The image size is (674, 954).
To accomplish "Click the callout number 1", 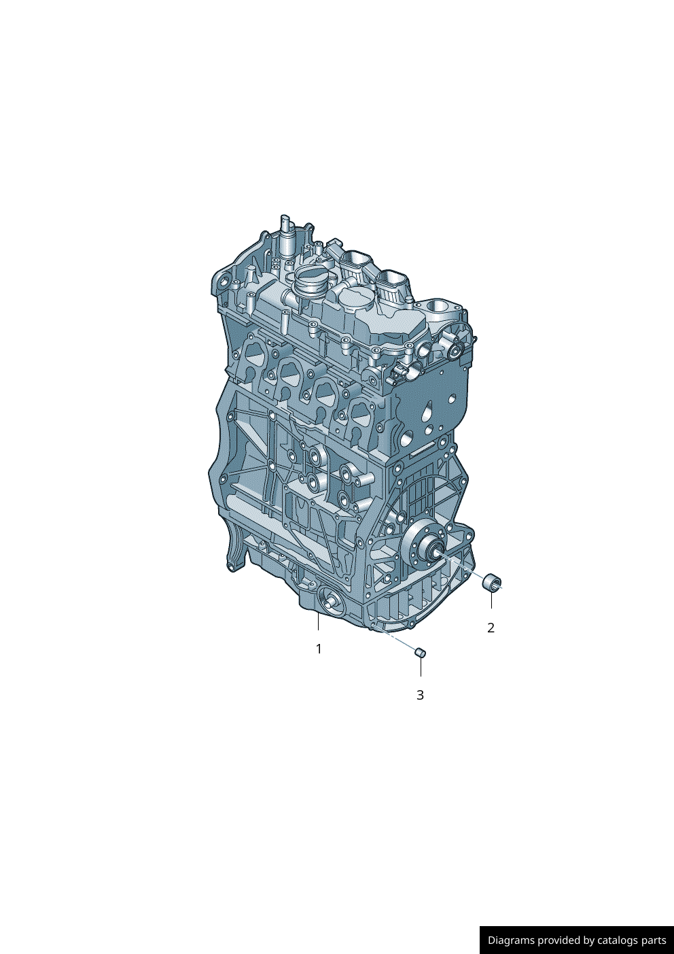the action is pyautogui.click(x=318, y=649).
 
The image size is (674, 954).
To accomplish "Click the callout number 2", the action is pyautogui.click(x=491, y=628).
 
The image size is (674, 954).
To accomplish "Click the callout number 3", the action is pyautogui.click(x=420, y=695).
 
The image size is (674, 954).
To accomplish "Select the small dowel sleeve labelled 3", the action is pyautogui.click(x=421, y=653).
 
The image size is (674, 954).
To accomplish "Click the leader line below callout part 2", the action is pyautogui.click(x=491, y=600).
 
